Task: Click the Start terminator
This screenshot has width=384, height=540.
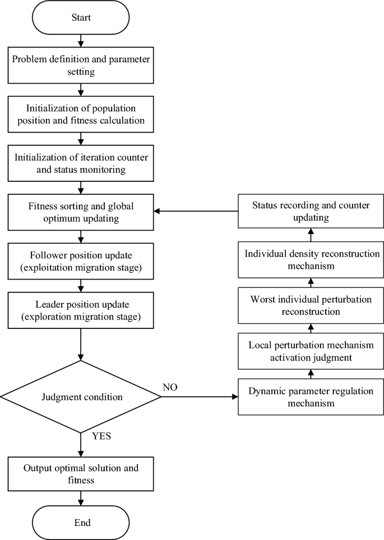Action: point(81,17)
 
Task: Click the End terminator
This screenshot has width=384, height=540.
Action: point(81,522)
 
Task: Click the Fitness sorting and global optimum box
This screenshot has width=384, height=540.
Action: point(81,211)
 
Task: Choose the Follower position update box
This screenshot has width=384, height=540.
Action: point(81,260)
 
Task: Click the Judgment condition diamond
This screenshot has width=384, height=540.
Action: point(81,397)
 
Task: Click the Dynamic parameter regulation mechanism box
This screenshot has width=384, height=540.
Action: point(311,397)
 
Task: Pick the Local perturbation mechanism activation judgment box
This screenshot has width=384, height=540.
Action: point(311,350)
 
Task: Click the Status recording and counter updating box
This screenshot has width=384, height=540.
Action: point(311,211)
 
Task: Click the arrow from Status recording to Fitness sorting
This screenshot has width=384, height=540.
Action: point(196,212)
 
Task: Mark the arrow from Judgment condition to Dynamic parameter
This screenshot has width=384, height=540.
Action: point(199,397)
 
